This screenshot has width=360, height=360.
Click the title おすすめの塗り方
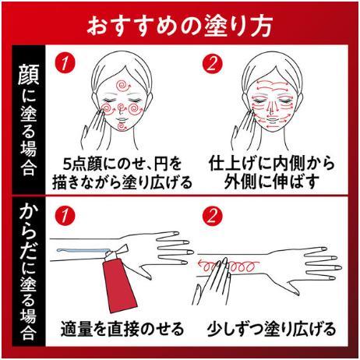179,26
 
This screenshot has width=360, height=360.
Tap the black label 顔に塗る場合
29,119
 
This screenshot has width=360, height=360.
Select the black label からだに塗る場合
29,271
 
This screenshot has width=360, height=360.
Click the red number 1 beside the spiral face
65,63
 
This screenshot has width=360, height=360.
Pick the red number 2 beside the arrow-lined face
212,63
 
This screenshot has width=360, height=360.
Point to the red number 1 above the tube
65,215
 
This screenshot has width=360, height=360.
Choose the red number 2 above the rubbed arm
212,215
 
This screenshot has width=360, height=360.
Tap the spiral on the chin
122,126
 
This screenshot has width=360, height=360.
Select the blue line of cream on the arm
83,250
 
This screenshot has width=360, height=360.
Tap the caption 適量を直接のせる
122,329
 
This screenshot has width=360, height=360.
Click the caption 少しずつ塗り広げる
271,329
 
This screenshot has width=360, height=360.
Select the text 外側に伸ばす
271,182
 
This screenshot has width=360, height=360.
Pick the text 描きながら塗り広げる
122,182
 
